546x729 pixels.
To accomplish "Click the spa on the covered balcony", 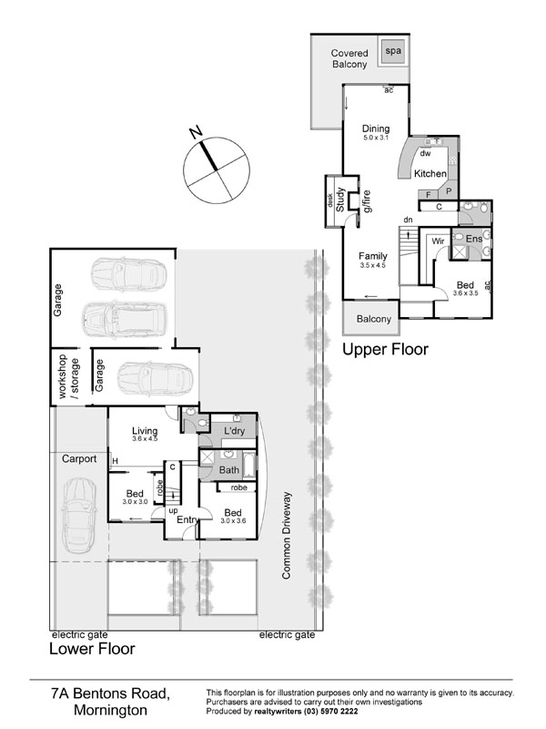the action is click(393, 51).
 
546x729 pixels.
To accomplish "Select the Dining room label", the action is click(376, 128).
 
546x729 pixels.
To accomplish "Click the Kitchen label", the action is click(430, 173).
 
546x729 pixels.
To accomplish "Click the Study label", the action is click(340, 200).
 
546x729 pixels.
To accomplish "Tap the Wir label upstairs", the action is click(438, 241).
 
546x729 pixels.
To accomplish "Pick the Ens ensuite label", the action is click(473, 239).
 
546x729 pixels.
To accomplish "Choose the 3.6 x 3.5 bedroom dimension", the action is click(465, 293).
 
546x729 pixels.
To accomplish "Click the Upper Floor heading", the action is click(385, 349).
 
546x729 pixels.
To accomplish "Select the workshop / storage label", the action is click(69, 376).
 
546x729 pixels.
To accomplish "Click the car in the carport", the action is click(79, 517).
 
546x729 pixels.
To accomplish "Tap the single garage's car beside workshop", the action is click(155, 376).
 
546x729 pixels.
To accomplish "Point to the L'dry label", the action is click(234, 431).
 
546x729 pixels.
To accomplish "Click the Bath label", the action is click(229, 470).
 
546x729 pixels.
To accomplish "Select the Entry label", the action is click(187, 519).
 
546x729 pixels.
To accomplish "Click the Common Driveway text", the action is click(286, 536).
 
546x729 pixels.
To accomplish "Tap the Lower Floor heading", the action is click(92, 649).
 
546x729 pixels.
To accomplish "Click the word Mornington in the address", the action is click(110, 711).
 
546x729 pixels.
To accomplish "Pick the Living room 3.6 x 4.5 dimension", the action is click(145, 438).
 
